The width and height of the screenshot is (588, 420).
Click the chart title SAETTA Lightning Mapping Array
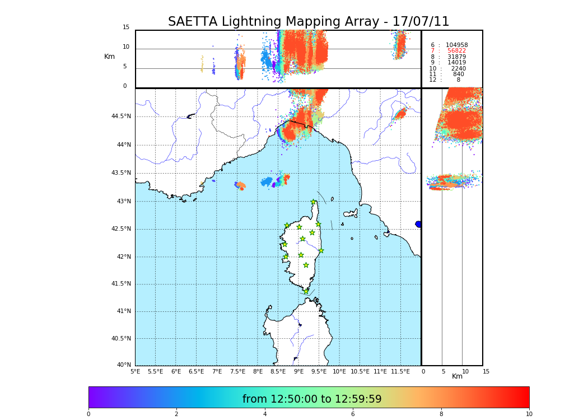pyautogui.click(x=309, y=22)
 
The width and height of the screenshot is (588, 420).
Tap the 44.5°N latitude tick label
pyautogui.click(x=121, y=116)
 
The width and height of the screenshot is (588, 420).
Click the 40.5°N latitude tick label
pyautogui.click(x=121, y=339)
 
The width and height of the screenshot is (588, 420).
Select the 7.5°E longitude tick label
pyautogui.click(x=237, y=372)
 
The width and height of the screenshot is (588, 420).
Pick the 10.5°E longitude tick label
pyautogui.click(x=360, y=372)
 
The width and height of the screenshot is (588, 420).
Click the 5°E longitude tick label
pyautogui.click(x=135, y=372)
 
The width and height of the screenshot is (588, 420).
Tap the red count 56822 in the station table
pyautogui.click(x=456, y=51)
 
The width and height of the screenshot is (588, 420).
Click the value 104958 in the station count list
pyautogui.click(x=456, y=45)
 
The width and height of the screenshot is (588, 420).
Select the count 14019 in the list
pyautogui.click(x=456, y=63)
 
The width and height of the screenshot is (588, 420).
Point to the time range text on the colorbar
pyautogui.click(x=312, y=399)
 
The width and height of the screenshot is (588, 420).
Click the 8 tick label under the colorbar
pyautogui.click(x=441, y=414)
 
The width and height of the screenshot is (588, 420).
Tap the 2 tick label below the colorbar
pyautogui.click(x=176, y=414)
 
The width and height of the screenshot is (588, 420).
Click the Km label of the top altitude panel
pyautogui.click(x=109, y=57)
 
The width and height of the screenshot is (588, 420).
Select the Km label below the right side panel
pyautogui.click(x=458, y=376)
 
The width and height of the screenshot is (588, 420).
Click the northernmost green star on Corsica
pyautogui.click(x=314, y=202)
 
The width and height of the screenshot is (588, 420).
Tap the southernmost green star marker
pyautogui.click(x=306, y=291)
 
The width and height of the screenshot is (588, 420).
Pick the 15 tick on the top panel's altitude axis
pyautogui.click(x=126, y=27)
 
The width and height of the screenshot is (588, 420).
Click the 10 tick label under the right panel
pyautogui.click(x=465, y=372)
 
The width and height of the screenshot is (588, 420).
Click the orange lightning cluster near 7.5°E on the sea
pyautogui.click(x=241, y=185)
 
